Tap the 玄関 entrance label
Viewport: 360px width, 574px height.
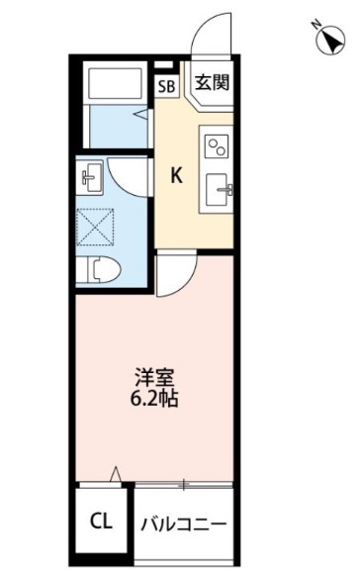coord(212,82)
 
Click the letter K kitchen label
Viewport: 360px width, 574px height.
coord(178,176)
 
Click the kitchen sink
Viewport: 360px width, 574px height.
coord(218,189)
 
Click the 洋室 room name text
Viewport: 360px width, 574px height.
coord(155,379)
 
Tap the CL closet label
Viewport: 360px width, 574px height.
coord(101,521)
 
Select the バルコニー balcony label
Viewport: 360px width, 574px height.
coord(184,523)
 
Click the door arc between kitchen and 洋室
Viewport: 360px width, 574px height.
coord(172,273)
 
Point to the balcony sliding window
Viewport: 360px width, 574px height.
coord(184,484)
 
